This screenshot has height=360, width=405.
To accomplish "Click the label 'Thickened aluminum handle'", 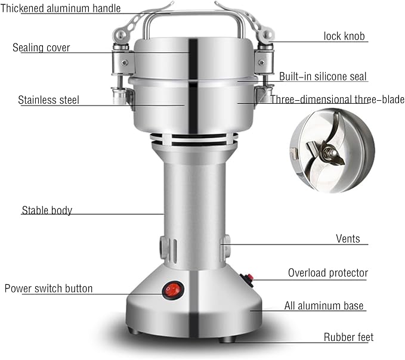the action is point(60,8).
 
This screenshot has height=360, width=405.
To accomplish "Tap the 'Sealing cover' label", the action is point(41,48).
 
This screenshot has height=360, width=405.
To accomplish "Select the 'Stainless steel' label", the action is point(48,100).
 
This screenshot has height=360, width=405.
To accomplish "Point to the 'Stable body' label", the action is point(47,210).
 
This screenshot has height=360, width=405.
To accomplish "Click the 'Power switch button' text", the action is point(48,288).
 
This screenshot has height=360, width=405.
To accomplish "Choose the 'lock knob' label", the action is point(344,36).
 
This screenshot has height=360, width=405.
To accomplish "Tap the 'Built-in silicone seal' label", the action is point(323,76).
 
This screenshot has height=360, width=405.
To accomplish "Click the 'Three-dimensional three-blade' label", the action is point(338,100).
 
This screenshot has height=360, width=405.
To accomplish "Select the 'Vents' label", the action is point(348,239).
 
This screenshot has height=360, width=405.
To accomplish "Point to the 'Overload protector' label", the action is point(328,273).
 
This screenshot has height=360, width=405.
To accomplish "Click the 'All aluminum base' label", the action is point(324,306).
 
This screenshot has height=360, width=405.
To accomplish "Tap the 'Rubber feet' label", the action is point(348,337).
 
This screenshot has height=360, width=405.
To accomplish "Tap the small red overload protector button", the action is point(248,278).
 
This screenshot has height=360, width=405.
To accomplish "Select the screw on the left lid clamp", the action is point(125,62).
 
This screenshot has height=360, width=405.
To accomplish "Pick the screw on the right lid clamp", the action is point(261,62).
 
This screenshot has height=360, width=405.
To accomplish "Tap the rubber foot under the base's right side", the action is point(227,340).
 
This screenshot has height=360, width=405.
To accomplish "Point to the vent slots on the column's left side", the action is point(172,250).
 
